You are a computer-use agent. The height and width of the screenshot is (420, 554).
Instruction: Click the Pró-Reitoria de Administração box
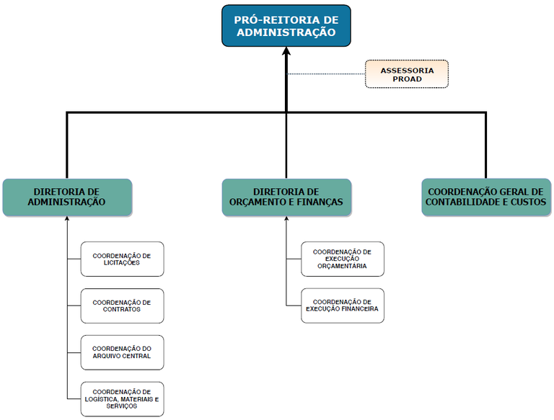(x=286, y=26)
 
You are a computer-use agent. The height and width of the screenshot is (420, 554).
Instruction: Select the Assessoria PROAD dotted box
(x=407, y=74)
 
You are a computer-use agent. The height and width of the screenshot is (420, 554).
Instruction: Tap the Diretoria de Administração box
(x=67, y=197)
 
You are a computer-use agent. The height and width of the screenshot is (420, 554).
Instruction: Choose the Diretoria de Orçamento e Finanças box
(x=286, y=197)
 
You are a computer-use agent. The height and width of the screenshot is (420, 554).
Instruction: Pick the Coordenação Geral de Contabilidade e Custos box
(x=485, y=197)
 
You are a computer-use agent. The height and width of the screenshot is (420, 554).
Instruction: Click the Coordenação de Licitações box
(x=122, y=259)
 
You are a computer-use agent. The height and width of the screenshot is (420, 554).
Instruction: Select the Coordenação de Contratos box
(x=122, y=305)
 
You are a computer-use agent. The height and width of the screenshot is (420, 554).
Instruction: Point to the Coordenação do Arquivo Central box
(x=122, y=352)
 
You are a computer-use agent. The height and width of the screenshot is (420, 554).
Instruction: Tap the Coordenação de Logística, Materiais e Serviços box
(x=122, y=398)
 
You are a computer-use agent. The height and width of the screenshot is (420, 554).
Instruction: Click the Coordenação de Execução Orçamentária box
(x=343, y=259)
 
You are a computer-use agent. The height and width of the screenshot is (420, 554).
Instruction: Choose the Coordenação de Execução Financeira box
(x=343, y=305)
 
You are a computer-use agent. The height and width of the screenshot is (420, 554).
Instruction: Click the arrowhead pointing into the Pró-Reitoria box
(x=286, y=53)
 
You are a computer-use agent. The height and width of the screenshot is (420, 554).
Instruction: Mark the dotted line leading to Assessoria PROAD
(x=325, y=74)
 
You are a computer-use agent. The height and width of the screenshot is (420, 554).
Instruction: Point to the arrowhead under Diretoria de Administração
(x=66, y=220)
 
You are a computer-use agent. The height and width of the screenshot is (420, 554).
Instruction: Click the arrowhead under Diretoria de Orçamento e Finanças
(x=286, y=220)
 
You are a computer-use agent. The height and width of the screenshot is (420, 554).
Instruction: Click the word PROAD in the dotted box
(x=407, y=79)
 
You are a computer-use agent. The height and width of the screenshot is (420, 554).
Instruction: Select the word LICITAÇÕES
(x=121, y=264)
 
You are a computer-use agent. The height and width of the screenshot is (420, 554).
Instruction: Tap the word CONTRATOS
(x=121, y=310)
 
